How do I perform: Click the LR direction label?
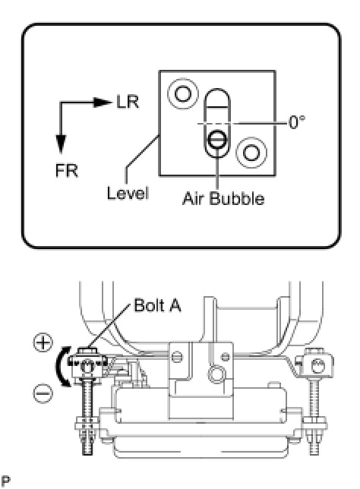[128, 102]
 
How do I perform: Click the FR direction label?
[66, 171]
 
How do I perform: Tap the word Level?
[128, 193]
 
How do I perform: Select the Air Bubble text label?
[223, 198]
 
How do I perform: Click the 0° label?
[297, 122]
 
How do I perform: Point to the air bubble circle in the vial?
[217, 140]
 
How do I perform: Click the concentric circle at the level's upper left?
[183, 93]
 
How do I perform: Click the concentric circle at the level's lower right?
[251, 153]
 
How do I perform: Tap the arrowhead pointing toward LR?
[103, 102]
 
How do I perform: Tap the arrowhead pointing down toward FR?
[61, 144]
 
